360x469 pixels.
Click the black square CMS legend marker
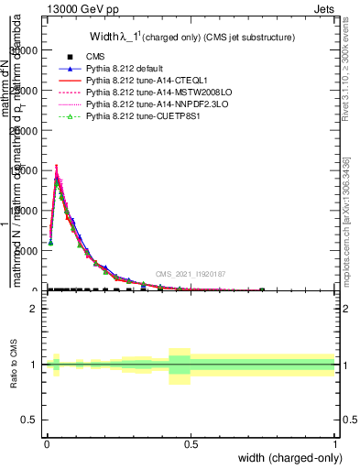66,56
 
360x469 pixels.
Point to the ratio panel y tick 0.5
29,420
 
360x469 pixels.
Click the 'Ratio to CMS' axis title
14,365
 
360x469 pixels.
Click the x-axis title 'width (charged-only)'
289,458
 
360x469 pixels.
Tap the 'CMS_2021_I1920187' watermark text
190,274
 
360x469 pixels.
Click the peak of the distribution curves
57,167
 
